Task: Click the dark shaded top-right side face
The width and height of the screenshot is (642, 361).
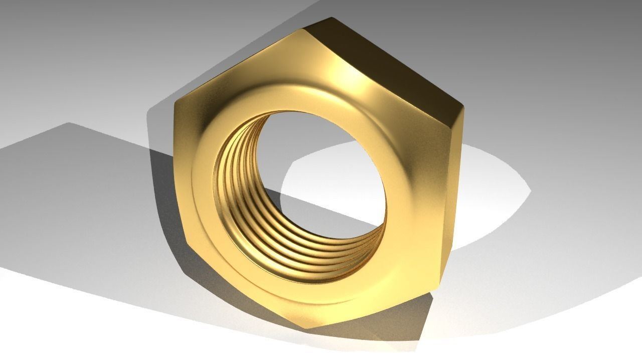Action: click(x=386, y=65)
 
